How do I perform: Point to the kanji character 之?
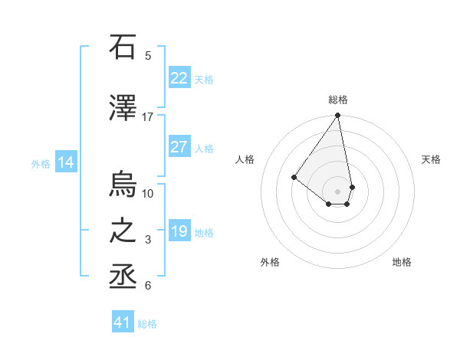[x=123, y=231]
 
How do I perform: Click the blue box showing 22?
[x=179, y=78]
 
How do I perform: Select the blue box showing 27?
[x=179, y=148]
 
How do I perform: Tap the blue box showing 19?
[x=179, y=232]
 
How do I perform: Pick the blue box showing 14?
[x=66, y=162]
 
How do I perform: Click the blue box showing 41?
[x=123, y=322]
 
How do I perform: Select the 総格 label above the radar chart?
[x=337, y=100]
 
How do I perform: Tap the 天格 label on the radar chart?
[x=431, y=159]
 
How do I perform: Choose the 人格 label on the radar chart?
[x=245, y=159]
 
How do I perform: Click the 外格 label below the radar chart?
[x=270, y=262]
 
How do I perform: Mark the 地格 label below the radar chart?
[x=402, y=262]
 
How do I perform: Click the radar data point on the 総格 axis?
[x=337, y=116]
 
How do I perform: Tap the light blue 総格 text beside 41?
[x=147, y=324]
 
